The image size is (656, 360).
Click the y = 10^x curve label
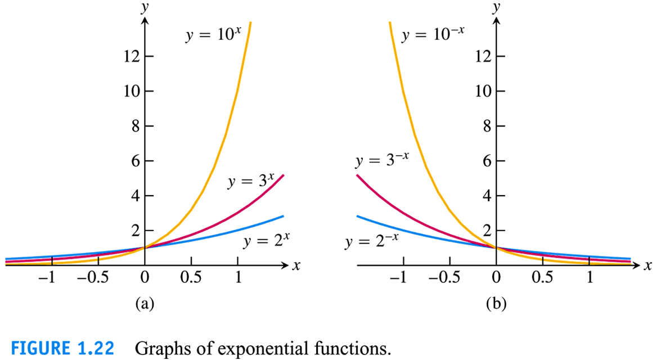[x=213, y=35]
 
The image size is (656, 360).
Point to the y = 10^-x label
[x=433, y=35]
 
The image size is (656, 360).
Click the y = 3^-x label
[x=381, y=161]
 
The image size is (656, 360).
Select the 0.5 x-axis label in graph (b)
[x=542, y=278]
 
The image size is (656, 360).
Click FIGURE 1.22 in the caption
[x=62, y=348]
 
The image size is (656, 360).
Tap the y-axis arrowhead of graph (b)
[x=496, y=21]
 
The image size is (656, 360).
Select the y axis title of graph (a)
[x=145, y=7]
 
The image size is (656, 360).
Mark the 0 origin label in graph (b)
[x=496, y=278]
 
